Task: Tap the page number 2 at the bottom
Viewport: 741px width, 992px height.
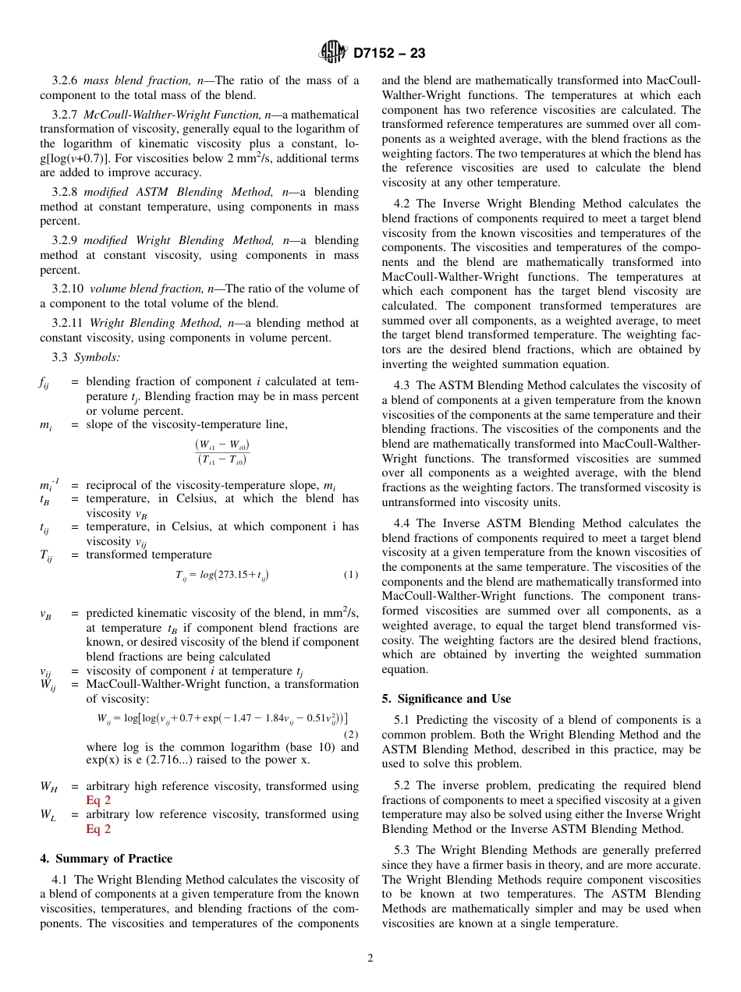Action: [370, 958]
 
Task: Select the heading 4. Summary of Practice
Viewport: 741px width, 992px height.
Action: [106, 859]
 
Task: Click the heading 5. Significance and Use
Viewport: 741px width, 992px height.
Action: [446, 698]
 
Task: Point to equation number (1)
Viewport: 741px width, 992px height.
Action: [351, 575]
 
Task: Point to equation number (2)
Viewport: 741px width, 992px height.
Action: [351, 734]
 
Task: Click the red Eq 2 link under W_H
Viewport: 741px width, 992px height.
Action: [98, 800]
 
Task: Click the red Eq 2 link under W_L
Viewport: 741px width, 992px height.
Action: [98, 828]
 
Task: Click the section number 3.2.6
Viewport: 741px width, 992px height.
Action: [66, 80]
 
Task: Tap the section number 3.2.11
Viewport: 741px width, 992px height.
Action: [69, 322]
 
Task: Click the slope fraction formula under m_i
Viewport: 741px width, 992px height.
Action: [222, 452]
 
